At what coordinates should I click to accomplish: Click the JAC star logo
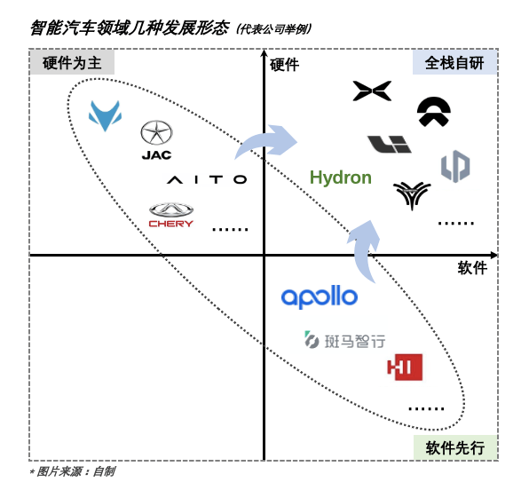tap(156, 140)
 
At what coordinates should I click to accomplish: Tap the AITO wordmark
tap(207, 180)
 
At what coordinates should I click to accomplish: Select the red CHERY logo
tap(171, 215)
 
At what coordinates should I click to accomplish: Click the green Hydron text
tap(341, 178)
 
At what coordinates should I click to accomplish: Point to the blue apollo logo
tap(320, 296)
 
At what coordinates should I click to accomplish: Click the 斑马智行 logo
tap(345, 340)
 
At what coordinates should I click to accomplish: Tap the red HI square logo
tap(405, 367)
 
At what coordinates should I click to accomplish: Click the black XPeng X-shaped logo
tap(372, 91)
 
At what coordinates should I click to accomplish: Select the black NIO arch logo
tap(434, 113)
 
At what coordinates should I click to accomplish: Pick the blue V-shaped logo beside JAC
tap(105, 115)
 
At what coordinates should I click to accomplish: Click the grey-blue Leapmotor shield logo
tap(455, 166)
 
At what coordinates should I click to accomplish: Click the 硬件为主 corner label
tap(72, 63)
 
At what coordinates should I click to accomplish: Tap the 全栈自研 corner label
tap(454, 63)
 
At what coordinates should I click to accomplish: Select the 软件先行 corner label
tap(455, 447)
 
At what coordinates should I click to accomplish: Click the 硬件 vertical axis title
tap(284, 65)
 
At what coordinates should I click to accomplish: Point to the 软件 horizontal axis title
tap(472, 268)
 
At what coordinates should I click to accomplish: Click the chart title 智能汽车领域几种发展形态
tap(130, 28)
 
